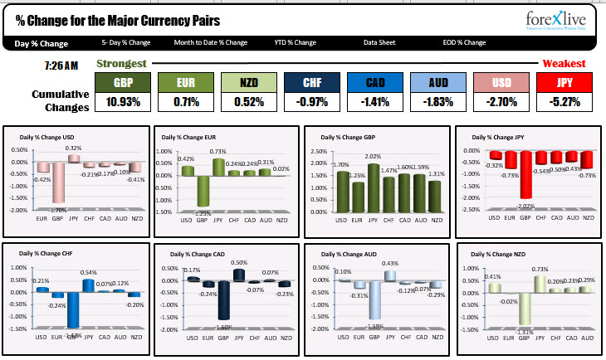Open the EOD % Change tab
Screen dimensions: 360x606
tap(463, 42)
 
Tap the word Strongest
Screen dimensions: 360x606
tap(122, 63)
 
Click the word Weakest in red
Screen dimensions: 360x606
tap(564, 63)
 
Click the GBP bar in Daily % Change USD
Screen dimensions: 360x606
tap(58, 182)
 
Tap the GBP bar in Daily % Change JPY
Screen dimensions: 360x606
tap(525, 174)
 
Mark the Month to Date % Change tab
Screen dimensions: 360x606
tap(211, 42)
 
